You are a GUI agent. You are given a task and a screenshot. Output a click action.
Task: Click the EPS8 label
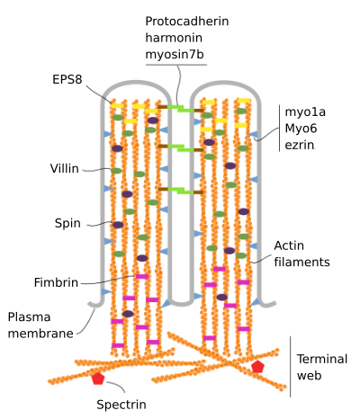coord(67,79)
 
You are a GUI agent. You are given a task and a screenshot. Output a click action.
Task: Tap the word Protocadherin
coord(187,22)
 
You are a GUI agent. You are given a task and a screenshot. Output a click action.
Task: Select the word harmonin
coord(174,38)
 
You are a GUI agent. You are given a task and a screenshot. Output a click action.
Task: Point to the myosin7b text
coord(175,55)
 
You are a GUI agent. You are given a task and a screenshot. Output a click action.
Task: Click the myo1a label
coord(305,111)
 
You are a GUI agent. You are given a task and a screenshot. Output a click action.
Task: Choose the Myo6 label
coord(301,129)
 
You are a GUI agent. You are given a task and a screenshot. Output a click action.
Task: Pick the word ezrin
coord(300,145)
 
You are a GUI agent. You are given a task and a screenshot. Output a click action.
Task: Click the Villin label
coord(65,168)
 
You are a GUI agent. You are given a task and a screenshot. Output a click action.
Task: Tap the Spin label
coord(67,223)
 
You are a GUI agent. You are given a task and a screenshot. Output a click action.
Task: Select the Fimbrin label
coord(56,282)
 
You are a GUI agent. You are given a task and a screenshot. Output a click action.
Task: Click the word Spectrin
coord(121,405)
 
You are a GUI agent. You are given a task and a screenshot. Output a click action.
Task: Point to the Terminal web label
coord(322,367)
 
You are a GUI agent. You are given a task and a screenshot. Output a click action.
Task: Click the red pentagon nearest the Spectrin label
coord(98,379)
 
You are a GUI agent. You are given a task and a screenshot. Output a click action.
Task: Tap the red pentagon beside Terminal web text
coord(257,367)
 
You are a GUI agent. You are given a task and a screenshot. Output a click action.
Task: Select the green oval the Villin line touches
coord(116,171)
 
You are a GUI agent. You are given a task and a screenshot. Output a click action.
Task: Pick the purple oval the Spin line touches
coord(118,225)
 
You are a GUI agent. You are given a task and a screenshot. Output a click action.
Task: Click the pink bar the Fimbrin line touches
coord(142,276)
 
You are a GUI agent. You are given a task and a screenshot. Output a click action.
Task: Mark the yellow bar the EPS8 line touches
coord(117,105)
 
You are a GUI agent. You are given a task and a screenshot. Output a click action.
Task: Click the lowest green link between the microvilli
coord(181,191)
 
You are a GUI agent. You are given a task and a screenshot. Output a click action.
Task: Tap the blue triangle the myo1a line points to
coord(253,134)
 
